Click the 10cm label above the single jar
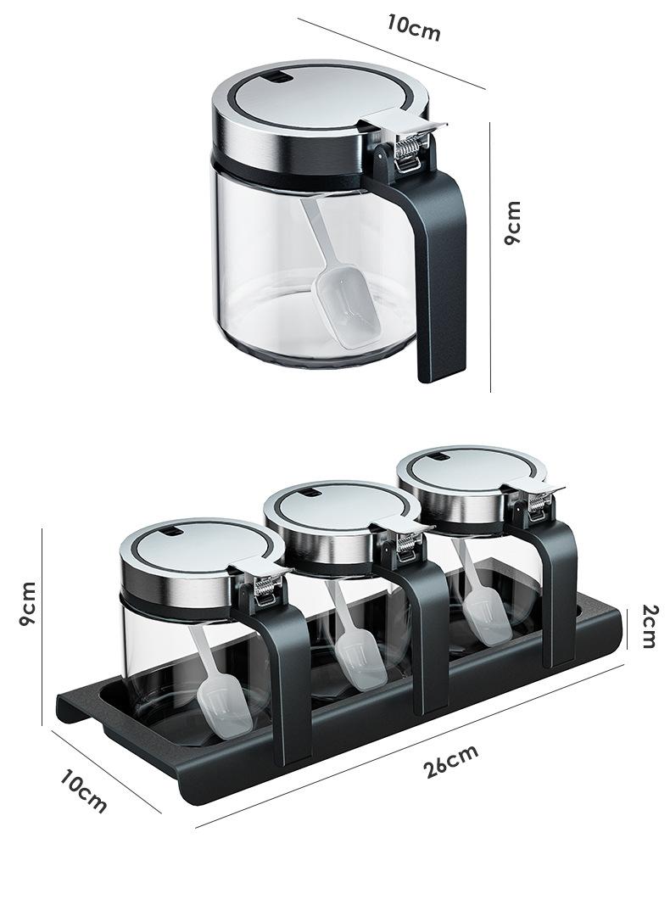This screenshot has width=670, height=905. [x=414, y=27]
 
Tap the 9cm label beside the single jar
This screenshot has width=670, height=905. [x=512, y=223]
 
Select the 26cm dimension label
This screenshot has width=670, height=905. [x=450, y=762]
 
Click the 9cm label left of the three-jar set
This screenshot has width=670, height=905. [x=27, y=604]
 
